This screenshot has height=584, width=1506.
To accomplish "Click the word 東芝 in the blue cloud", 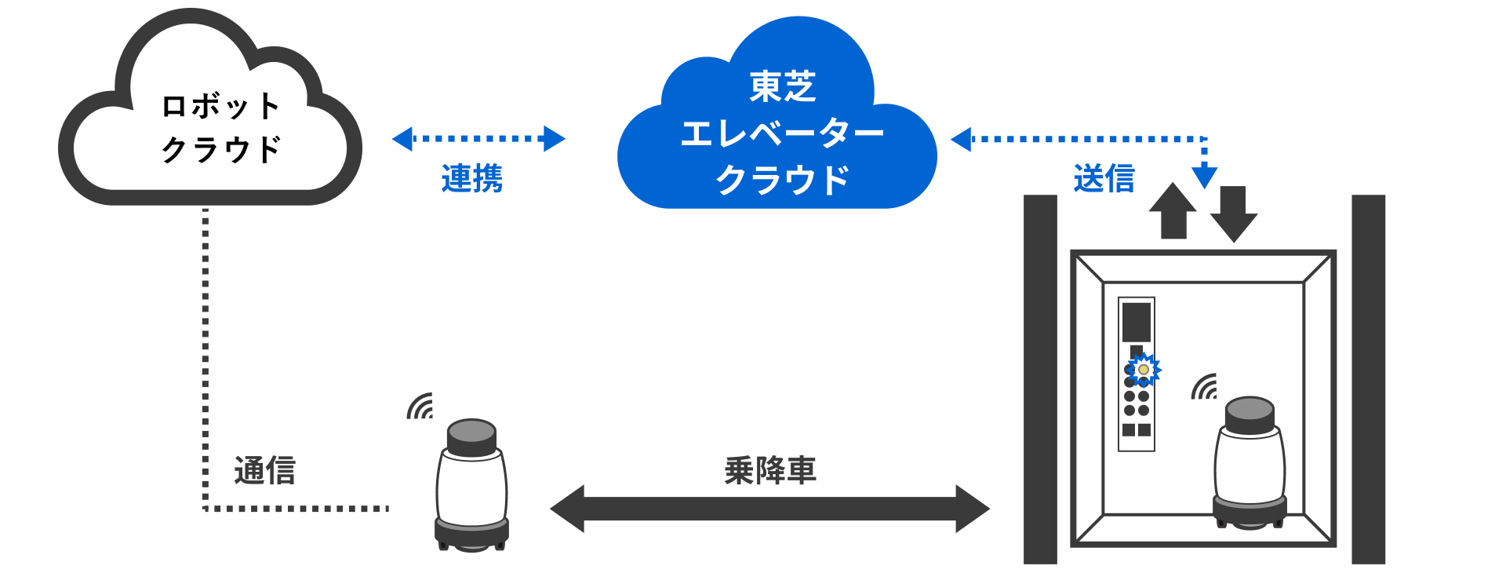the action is (x=782, y=87).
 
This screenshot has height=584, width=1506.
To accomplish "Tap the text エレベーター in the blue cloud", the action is (x=782, y=134).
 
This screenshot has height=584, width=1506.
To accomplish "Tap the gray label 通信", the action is (x=264, y=471).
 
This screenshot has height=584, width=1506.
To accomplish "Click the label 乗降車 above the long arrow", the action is (x=769, y=471).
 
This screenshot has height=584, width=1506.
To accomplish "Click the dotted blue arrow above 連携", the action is (x=478, y=139).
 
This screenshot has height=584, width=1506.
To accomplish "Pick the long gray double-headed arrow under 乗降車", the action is (x=769, y=509).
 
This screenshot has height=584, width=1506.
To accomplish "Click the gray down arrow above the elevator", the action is (x=1233, y=214).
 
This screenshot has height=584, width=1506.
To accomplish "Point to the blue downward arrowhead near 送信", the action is (x=1204, y=177).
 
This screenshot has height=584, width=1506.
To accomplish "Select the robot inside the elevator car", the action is (x=1250, y=463).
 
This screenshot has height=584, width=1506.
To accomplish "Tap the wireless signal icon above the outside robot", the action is (x=421, y=407).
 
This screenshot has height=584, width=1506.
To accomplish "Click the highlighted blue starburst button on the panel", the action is (x=1144, y=369).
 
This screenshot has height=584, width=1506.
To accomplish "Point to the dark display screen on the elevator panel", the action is (x=1137, y=321).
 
